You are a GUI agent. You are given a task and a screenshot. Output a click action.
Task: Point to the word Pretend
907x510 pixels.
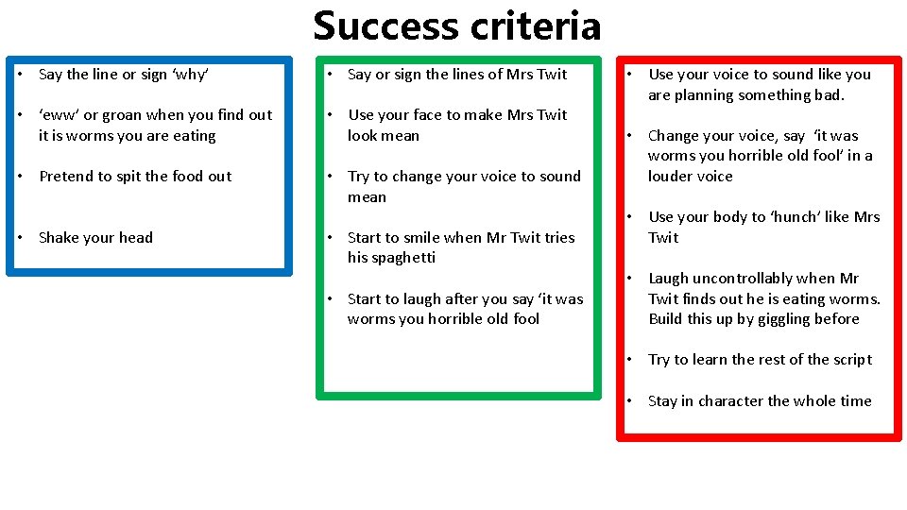(68, 177)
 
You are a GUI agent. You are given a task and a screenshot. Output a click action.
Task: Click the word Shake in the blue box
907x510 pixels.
(60, 238)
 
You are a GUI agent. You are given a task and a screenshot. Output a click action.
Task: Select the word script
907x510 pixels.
(848, 360)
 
